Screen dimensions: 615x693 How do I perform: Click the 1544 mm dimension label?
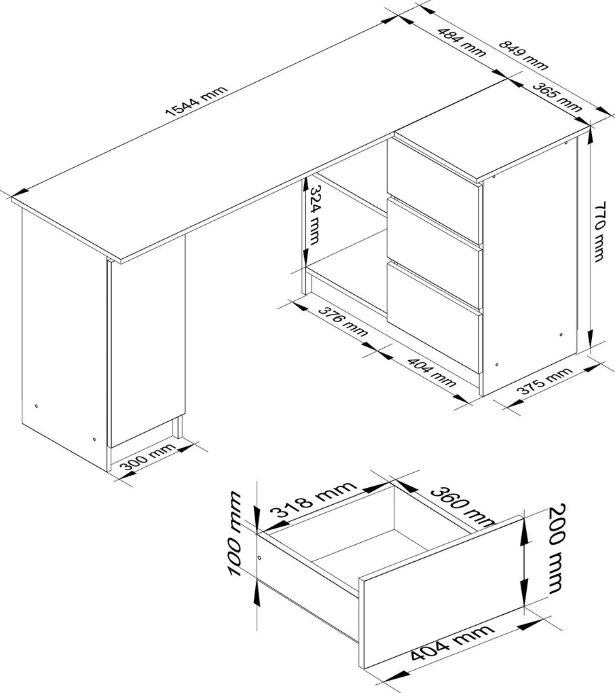point(196,101)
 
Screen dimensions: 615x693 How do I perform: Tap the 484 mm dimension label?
point(462,42)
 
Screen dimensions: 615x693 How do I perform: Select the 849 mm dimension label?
point(523,55)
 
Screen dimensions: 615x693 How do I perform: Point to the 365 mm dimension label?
point(556,96)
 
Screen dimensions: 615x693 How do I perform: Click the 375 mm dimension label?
point(544,381)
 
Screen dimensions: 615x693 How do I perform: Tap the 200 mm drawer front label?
point(557,548)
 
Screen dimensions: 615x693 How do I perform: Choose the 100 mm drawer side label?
point(234,533)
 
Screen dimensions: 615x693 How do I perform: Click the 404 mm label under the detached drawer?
point(451,641)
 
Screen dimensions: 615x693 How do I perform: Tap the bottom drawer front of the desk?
point(434,317)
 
